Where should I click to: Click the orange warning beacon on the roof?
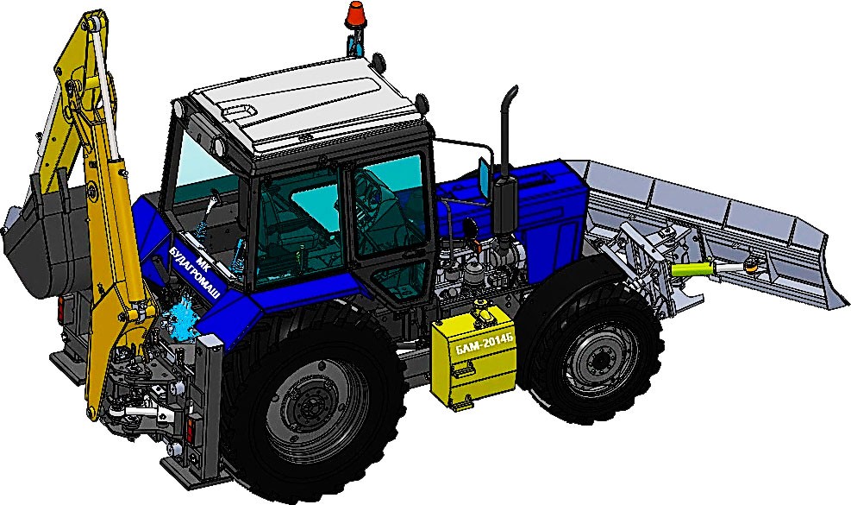355,15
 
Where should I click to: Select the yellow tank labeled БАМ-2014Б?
473,359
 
